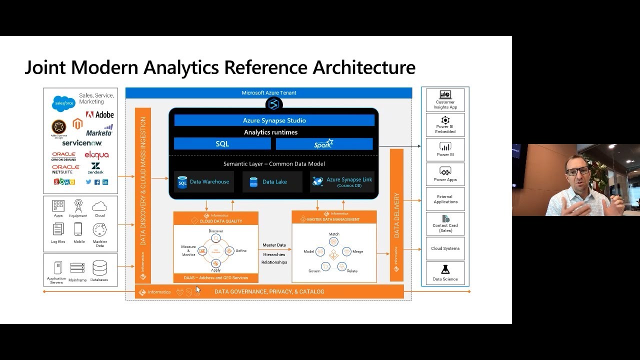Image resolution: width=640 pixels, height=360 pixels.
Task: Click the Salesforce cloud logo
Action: [x=63, y=103]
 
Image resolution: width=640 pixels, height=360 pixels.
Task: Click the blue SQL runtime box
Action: [x=222, y=144]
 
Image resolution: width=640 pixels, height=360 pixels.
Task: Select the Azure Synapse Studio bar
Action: [x=274, y=120]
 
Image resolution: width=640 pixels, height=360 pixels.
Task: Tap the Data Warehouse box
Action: [x=203, y=182]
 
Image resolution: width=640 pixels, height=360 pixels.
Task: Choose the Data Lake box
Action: [x=272, y=182]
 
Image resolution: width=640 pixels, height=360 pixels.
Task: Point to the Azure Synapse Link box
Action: [x=342, y=182]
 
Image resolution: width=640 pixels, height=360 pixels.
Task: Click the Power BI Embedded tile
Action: [x=445, y=125]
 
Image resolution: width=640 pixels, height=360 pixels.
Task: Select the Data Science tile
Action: [x=445, y=274]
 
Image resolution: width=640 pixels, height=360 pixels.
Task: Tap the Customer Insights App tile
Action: [x=445, y=100]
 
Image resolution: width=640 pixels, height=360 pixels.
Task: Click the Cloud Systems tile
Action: [x=445, y=248]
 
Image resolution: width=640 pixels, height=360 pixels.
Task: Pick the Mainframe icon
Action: [x=77, y=268]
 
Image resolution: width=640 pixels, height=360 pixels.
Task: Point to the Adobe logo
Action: [x=100, y=115]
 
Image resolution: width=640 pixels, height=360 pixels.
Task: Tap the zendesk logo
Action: [x=95, y=168]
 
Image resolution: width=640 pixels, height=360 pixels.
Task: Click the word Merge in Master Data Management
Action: [x=357, y=251]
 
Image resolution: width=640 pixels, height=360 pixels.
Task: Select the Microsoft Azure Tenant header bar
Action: [x=268, y=93]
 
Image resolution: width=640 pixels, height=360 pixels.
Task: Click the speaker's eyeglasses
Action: [x=577, y=171]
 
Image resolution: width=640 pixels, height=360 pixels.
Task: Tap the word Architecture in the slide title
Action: [x=364, y=67]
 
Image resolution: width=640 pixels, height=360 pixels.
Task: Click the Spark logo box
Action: [x=324, y=144]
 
